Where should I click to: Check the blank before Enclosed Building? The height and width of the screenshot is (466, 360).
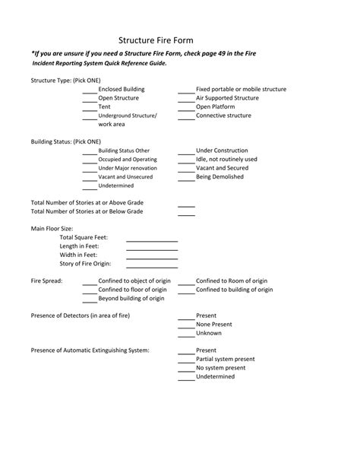90,90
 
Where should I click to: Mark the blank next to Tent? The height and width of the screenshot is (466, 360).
90,108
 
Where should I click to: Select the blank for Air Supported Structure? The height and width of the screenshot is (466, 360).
186,100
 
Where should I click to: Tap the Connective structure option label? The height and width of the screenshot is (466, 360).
223,116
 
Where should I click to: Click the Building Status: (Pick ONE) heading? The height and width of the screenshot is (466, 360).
65,141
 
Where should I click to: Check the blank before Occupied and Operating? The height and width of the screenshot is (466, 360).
90,160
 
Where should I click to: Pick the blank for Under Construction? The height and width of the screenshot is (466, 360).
186,152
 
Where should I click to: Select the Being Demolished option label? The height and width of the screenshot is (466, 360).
219,176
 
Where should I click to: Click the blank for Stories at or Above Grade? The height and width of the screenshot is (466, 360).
186,204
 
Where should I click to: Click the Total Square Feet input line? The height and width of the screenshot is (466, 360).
151,239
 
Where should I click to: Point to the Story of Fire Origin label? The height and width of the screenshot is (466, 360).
85,263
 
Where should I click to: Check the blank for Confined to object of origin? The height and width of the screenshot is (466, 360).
90,282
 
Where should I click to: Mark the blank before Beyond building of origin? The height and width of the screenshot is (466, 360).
90,300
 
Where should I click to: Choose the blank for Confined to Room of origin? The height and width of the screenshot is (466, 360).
186,282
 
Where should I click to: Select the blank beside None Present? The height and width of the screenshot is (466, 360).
186,325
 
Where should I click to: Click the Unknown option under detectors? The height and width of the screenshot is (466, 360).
209,333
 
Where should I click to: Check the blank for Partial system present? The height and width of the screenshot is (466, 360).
186,360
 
